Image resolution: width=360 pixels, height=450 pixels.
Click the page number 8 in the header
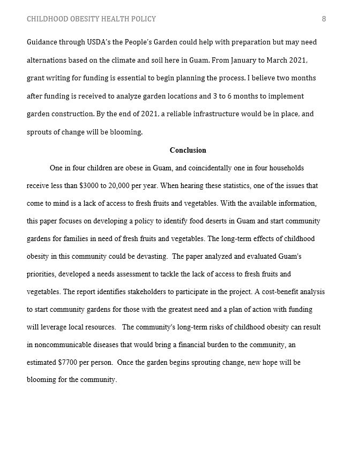[x=324, y=19]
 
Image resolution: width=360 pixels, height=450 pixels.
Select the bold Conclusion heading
[x=187, y=150]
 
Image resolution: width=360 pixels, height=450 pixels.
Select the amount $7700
[x=69, y=362]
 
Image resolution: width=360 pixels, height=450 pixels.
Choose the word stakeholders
[x=139, y=292]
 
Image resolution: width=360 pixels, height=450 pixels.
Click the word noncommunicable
[x=63, y=344]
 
